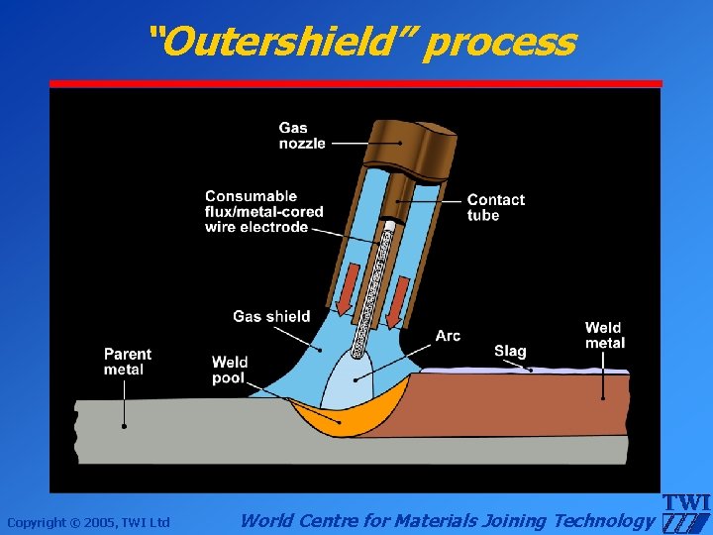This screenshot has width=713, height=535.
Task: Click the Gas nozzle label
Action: tap(301, 136)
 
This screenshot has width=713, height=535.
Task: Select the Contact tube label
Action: tap(495, 207)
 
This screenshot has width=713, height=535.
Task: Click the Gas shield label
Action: tap(271, 317)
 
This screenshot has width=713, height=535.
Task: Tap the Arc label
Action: tap(448, 336)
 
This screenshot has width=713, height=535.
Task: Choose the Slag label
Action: tap(510, 351)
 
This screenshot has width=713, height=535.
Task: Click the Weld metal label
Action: tap(604, 335)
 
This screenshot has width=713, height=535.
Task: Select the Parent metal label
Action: tap(128, 362)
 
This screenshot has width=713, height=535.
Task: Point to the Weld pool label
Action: tap(229, 370)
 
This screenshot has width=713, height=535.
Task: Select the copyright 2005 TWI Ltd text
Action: tap(88, 522)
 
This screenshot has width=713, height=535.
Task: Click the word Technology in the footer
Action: tap(604, 520)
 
